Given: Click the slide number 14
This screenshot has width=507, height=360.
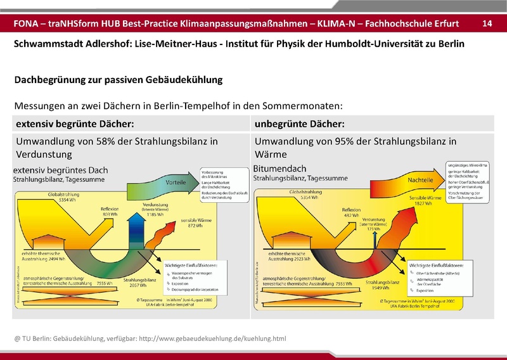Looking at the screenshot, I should [487, 23].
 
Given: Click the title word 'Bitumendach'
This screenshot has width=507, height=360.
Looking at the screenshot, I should [279, 170].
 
